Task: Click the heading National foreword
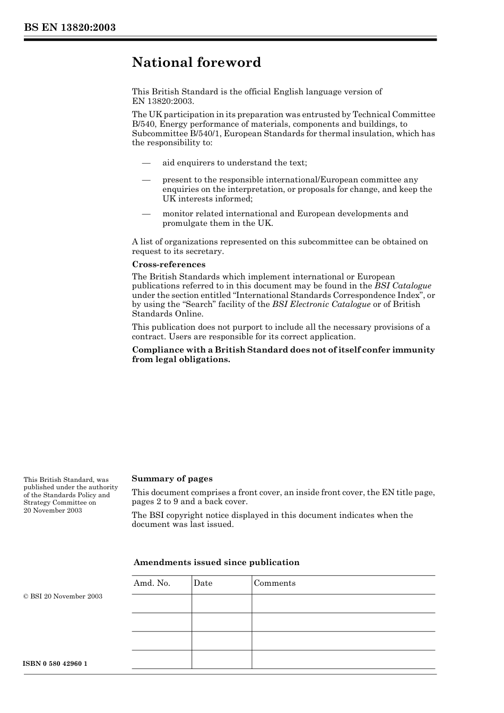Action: (x=196, y=63)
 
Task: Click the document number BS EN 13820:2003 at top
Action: (x=69, y=28)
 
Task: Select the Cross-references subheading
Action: (x=168, y=265)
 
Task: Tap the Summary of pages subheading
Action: (x=172, y=479)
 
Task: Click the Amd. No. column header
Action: (x=152, y=583)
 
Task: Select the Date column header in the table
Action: (x=203, y=583)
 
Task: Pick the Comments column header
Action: (x=274, y=583)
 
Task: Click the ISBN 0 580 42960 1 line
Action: (x=56, y=664)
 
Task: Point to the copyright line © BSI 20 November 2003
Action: (x=63, y=596)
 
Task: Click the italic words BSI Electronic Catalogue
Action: (x=321, y=304)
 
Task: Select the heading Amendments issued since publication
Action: (x=216, y=562)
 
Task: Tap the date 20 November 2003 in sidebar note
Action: (x=53, y=510)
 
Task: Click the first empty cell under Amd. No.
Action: (x=161, y=603)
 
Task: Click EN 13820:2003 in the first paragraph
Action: (x=163, y=101)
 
